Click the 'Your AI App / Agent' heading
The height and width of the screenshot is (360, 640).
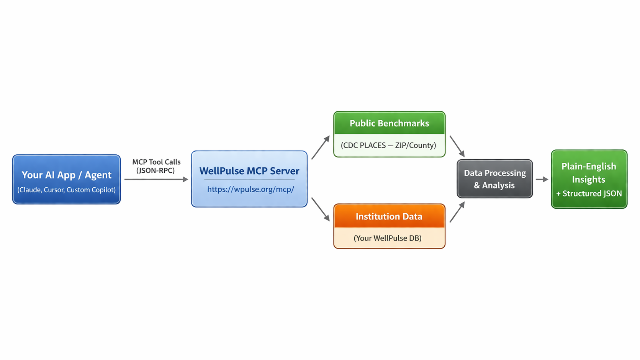66,175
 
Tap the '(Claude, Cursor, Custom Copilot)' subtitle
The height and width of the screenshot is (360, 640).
66,190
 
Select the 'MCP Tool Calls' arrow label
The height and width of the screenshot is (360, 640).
156,162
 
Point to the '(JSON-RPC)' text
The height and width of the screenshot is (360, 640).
155,171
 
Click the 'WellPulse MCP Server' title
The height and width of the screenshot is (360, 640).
249,171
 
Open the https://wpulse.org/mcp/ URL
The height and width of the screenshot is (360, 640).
250,189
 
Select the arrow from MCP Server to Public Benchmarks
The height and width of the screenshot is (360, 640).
321,147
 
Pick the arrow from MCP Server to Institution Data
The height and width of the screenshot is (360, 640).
321,209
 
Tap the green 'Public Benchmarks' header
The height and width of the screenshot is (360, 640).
389,123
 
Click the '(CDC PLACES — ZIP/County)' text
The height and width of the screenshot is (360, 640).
388,146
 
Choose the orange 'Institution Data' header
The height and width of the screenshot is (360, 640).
389,216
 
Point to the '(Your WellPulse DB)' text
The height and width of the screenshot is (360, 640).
388,238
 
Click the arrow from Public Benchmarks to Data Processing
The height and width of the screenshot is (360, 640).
457,146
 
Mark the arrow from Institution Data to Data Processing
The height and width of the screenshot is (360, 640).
457,212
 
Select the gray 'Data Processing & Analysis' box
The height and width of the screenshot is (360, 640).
494,179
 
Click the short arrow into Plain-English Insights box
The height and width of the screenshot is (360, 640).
542,179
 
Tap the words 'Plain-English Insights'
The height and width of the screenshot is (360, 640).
589,173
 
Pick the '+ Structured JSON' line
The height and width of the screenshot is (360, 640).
589,194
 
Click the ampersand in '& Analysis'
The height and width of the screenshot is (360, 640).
477,186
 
